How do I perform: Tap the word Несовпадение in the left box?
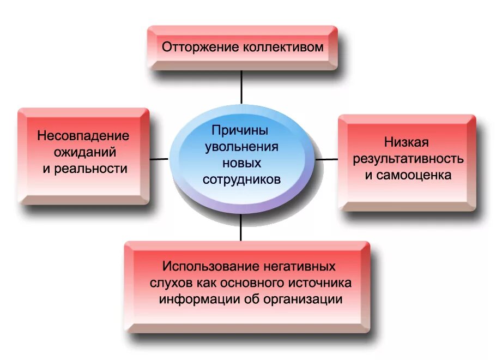pyautogui.click(x=83, y=135)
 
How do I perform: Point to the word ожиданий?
pyautogui.click(x=83, y=152)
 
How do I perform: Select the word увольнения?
pyautogui.click(x=241, y=147)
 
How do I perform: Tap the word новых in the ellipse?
pyautogui.click(x=241, y=163)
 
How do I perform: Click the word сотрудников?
pyautogui.click(x=241, y=179)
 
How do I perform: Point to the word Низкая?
pyautogui.click(x=407, y=142)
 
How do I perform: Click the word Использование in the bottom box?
pyautogui.click(x=205, y=267)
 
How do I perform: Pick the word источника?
pyautogui.click(x=321, y=283)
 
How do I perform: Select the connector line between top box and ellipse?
pyautogui.click(x=241, y=87)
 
